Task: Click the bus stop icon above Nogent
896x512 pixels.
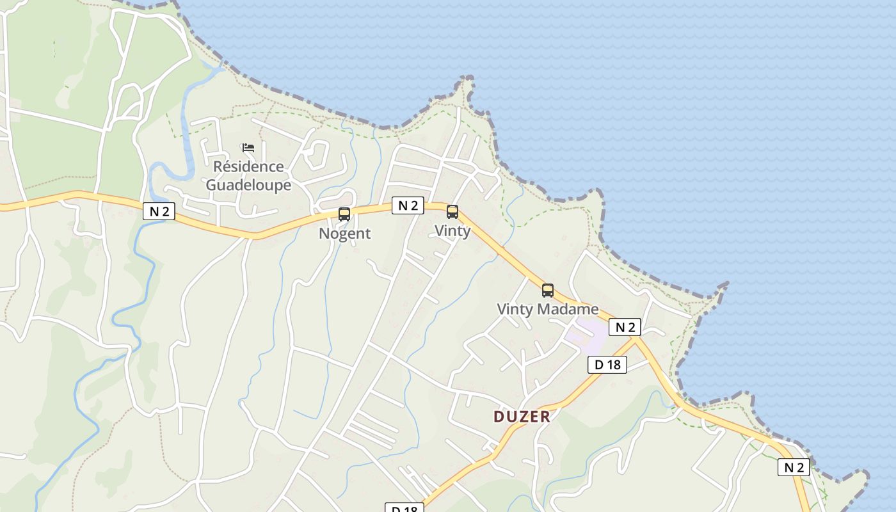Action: coord(344,214)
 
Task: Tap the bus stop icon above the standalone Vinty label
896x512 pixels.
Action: coord(452,211)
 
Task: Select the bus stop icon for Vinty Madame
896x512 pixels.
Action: coord(548,290)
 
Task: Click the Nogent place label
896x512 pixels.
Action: coord(344,234)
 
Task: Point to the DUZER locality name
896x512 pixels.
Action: coord(522,417)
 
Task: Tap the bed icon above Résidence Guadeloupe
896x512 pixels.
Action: coord(248,148)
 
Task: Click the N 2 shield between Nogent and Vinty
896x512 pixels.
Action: coord(408,205)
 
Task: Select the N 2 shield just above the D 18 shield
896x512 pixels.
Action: coord(625,327)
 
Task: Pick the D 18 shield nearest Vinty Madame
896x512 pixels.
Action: coord(607,365)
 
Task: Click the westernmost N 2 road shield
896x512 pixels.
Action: coord(159,211)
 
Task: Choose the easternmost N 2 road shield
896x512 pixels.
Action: coord(794,467)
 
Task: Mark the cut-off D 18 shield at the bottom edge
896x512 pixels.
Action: coord(404,508)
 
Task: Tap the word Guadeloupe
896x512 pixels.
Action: coord(248,186)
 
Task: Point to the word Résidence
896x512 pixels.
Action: coord(248,167)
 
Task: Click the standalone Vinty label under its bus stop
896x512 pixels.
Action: coord(452,231)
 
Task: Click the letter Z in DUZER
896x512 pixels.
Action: coord(522,417)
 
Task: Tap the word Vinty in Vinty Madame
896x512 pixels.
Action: coord(515,310)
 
